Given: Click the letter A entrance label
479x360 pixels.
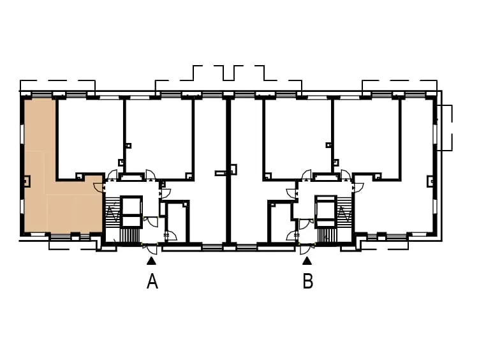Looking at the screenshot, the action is [152, 281].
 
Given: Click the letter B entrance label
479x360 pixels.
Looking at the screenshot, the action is [308, 281].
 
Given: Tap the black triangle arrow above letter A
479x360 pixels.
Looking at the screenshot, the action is [152, 261].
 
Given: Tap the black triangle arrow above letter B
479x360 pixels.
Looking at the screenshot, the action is [307, 261].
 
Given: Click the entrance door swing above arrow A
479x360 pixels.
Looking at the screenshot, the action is [152, 249].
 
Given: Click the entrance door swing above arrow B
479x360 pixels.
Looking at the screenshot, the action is [305, 249].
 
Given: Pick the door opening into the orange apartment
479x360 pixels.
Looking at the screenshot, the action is [98, 187].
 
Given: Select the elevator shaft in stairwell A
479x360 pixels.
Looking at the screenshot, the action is [132, 211].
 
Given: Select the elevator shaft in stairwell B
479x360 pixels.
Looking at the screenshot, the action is [326, 211].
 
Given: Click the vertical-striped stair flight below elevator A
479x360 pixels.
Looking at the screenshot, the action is [129, 236].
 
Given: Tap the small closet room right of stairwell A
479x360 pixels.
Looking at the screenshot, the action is [177, 222].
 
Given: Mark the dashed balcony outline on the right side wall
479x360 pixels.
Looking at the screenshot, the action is [445, 128].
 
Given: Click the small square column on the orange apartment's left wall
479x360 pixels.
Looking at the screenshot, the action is [27, 181].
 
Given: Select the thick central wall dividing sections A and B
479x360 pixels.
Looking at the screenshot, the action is [228, 171].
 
